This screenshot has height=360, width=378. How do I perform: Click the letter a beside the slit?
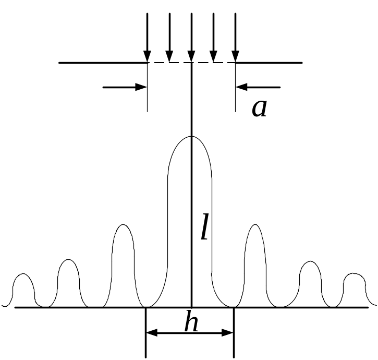pyautogui.click(x=259, y=109)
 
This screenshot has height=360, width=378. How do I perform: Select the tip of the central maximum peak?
pyautogui.click(x=191, y=137)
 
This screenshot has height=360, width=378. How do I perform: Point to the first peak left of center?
pyautogui.click(x=123, y=225)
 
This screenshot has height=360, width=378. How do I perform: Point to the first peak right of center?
pyautogui.click(x=255, y=225)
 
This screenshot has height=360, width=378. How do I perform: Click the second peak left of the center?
pyautogui.click(x=68, y=260)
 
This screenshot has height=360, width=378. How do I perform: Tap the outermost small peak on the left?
pyautogui.click(x=22, y=274)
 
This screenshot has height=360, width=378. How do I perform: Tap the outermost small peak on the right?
pyautogui.click(x=354, y=274)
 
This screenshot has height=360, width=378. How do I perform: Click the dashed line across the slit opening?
pyautogui.click(x=180, y=63)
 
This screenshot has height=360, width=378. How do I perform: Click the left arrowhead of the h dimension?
pyautogui.click(x=150, y=332)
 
